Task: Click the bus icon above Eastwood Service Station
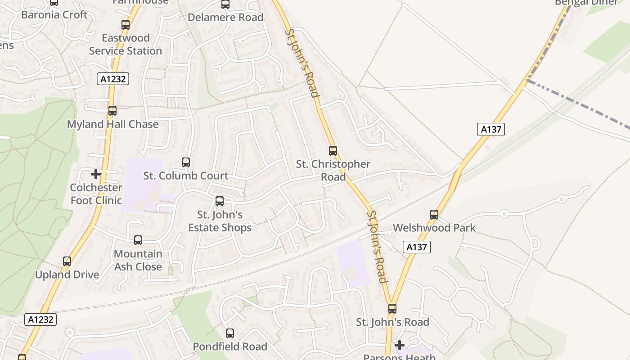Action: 126,25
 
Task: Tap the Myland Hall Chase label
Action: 112,124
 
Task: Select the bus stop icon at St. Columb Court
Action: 186,162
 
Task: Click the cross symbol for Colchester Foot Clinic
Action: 96,174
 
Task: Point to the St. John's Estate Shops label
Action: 220,221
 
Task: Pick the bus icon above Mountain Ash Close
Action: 138,240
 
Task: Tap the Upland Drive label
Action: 67,274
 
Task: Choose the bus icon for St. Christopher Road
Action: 333,151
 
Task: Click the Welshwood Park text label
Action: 434,228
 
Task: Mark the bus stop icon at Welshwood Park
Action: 434,215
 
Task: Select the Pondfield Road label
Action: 230,346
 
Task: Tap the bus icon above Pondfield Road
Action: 230,333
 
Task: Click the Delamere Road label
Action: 225,18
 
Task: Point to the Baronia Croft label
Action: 54,14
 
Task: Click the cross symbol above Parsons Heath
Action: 399,345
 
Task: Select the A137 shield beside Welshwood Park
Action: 417,247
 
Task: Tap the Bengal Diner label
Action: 586,2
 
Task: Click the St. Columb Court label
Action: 186,175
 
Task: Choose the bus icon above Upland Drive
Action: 67,261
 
